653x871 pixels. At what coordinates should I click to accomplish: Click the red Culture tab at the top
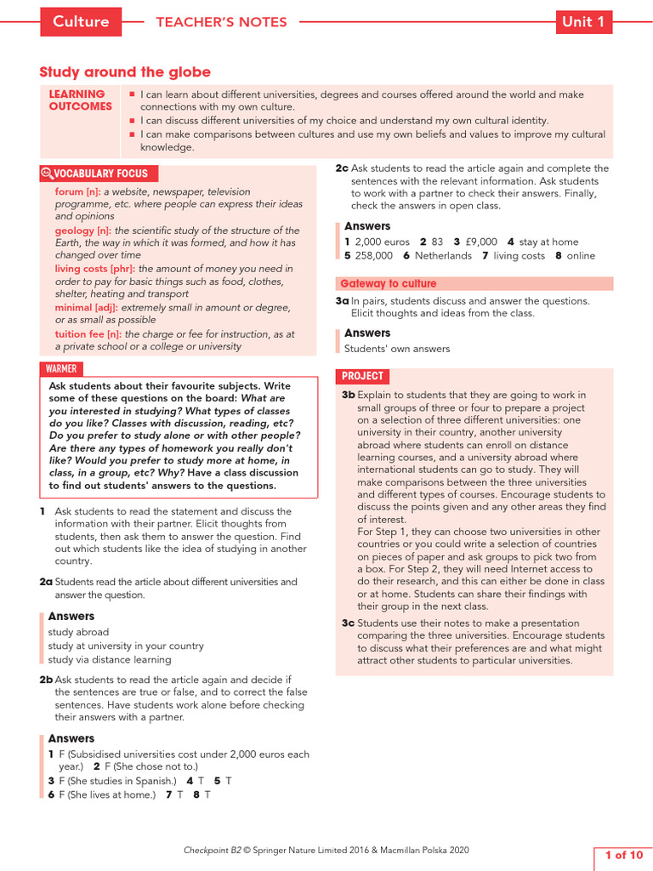click(81, 22)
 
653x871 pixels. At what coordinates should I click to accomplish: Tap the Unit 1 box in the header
click(583, 22)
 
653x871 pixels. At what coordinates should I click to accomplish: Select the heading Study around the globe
click(125, 72)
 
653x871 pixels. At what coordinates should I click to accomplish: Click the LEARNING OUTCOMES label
click(80, 100)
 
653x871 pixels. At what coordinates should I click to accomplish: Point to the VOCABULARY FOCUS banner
click(100, 174)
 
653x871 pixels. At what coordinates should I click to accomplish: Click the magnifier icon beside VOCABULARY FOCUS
click(47, 174)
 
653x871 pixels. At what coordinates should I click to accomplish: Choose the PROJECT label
click(362, 376)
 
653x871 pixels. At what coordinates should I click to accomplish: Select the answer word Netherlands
click(443, 256)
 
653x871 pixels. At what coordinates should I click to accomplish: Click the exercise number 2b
click(46, 680)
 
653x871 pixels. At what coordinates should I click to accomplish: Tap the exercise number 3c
click(348, 623)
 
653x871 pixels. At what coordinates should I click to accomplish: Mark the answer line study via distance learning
click(109, 659)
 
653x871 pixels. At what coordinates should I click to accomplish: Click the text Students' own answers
click(396, 349)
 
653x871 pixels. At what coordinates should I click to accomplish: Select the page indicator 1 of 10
click(622, 855)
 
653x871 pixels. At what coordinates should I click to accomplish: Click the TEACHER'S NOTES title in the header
click(221, 22)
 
